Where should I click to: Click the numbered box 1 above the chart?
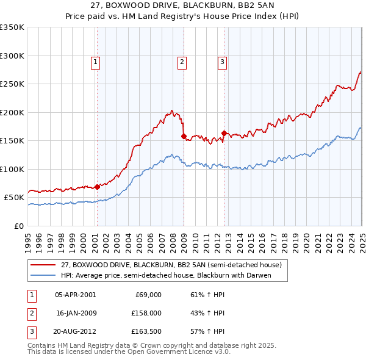(96, 61)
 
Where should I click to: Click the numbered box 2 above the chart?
(182, 61)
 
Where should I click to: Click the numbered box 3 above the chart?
(223, 61)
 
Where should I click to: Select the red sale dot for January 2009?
(184, 137)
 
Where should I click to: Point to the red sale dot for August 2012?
(224, 133)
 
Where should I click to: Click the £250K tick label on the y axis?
(12, 84)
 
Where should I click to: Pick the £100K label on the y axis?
(12, 169)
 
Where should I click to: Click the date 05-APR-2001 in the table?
(75, 294)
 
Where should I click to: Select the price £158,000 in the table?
(146, 313)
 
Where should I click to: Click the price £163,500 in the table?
(146, 332)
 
